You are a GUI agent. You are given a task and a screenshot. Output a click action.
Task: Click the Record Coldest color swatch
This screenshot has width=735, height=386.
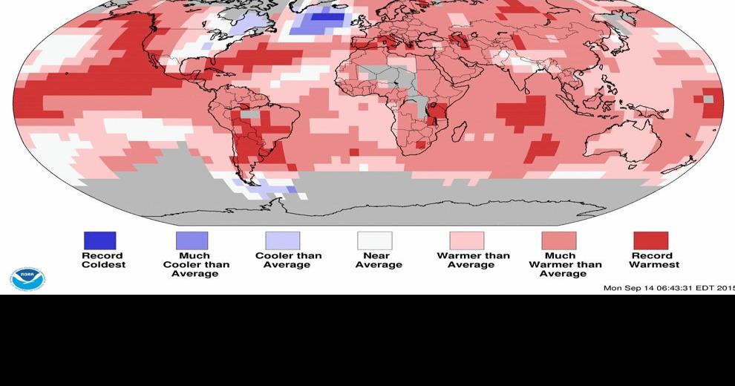pos(99,241)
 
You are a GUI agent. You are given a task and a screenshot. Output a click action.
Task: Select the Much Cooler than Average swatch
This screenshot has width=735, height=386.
pos(192,241)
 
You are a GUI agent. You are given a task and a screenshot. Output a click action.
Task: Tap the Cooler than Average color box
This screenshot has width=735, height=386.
pos(283,241)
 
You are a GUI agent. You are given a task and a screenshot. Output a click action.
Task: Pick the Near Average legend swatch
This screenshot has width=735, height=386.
pos(375,241)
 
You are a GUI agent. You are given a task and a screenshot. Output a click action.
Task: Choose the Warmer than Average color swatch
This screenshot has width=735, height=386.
pos(466,241)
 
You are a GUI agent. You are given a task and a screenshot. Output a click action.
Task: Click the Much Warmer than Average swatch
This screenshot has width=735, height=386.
pos(558,241)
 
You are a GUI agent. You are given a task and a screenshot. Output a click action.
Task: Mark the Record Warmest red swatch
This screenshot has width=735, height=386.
pos(650,241)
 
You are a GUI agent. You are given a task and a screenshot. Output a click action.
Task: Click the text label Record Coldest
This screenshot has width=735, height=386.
pos(103,261)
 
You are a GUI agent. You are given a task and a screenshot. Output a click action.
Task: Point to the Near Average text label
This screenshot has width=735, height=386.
pos(379,261)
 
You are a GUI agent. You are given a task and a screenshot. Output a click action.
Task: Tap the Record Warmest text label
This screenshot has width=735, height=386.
pos(654,261)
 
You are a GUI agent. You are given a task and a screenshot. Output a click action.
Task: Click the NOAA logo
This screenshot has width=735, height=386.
pos(27,279)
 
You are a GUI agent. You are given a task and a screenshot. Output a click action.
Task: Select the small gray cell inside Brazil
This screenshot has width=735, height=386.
pos(252,115)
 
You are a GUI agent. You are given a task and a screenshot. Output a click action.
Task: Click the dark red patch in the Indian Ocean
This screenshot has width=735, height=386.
pos(521,112)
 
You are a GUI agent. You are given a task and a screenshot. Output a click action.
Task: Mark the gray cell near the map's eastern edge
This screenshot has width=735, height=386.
pos(708,99)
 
